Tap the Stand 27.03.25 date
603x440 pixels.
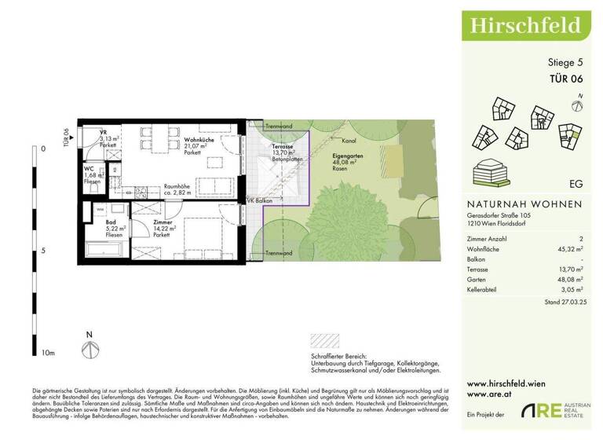(x=563, y=302)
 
